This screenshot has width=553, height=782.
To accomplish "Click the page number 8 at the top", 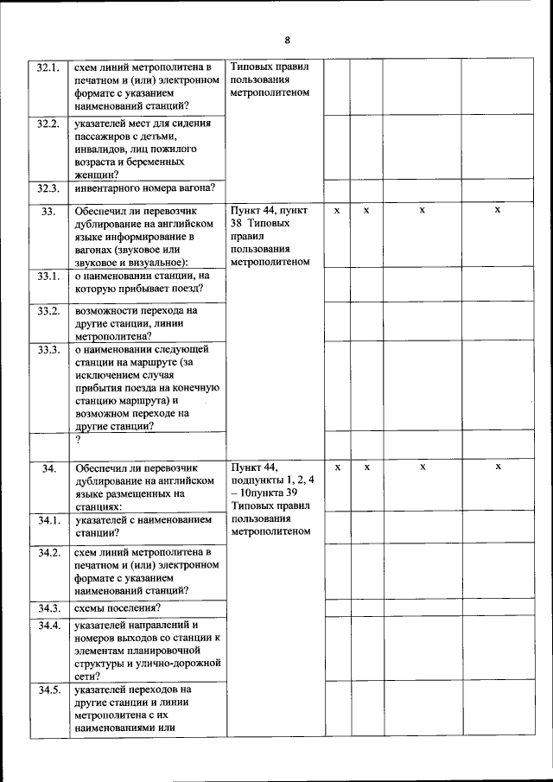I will point(287,40).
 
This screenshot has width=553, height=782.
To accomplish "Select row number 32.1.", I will point(48,67).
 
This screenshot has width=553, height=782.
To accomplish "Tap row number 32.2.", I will point(48,124).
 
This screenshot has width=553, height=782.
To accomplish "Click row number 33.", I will point(48,211).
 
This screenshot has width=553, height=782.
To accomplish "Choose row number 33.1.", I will point(48,276).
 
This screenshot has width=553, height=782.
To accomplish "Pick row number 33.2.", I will point(48,310).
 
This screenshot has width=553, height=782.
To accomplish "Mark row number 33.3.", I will point(48,349).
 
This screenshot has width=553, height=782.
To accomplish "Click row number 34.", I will point(48,467).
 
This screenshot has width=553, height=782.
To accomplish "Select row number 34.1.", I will point(48,520).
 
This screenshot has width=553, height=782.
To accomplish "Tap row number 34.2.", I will point(48,552).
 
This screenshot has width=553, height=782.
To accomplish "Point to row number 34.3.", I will point(48,607).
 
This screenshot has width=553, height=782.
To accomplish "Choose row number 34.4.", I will point(48,625).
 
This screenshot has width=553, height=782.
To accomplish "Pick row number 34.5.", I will point(48,690).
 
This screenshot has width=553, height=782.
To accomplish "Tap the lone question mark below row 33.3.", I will point(78,440).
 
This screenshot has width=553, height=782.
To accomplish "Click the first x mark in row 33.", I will point(337,210).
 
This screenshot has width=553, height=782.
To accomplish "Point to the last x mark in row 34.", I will point(498,467).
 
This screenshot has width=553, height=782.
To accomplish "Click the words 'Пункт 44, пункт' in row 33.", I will point(269,211).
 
